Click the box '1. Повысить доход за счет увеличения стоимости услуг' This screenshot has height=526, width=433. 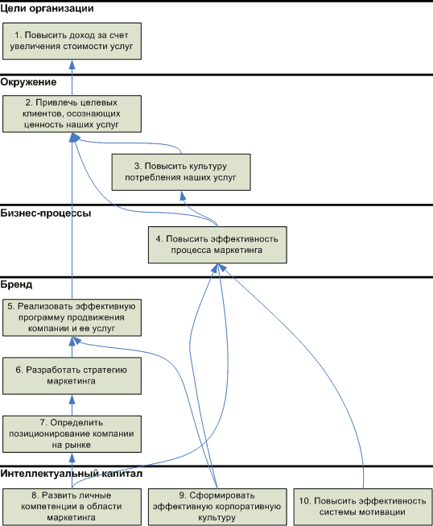[72, 41]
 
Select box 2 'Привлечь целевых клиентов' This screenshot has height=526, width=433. [72, 114]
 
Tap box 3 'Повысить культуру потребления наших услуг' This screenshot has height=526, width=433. [181, 172]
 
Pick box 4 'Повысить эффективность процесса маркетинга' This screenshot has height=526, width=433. [217, 245]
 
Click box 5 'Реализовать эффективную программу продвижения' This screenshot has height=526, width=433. [72, 317]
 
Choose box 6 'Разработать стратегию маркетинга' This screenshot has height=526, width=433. [72, 375]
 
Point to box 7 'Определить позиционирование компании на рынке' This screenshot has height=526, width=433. [72, 434]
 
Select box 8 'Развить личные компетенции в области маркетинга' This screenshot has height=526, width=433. [72, 507]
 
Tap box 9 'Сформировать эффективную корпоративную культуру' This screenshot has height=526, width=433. [217, 507]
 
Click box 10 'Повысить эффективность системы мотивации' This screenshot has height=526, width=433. [363, 507]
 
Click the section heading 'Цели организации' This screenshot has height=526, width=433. [47, 9]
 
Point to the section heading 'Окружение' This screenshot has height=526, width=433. [28, 82]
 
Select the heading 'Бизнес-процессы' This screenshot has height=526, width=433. [46, 213]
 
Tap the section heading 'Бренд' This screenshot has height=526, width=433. [16, 284]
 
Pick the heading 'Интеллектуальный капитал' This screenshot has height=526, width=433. [72, 474]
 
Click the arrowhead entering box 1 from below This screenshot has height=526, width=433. [72, 64]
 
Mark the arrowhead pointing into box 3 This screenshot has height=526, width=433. [183, 196]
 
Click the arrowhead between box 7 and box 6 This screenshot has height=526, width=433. [72, 400]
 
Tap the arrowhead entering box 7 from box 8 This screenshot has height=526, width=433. [72, 458]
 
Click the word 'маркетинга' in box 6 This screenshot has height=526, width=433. [71, 382]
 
